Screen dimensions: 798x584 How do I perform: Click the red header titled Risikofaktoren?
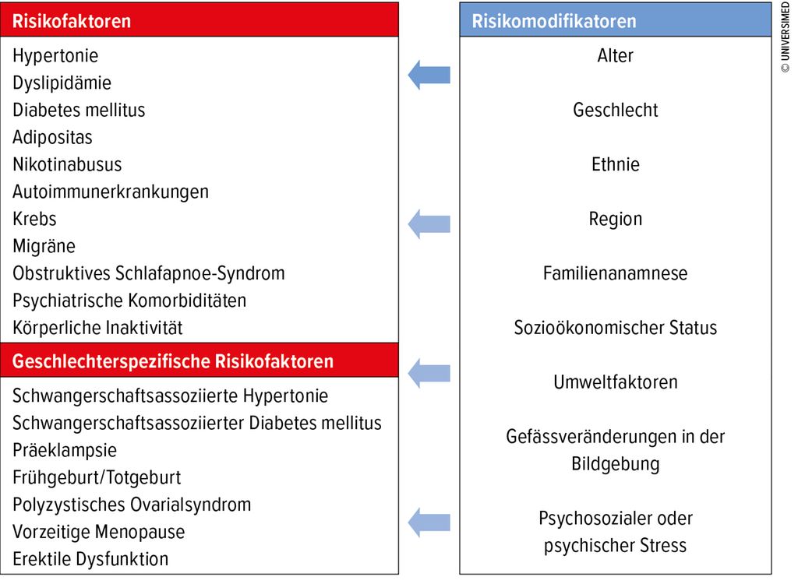tap(199, 19)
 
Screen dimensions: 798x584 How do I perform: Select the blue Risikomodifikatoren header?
tap(616, 19)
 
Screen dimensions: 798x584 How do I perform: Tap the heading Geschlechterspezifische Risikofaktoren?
tap(172, 361)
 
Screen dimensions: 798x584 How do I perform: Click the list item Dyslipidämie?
tap(62, 83)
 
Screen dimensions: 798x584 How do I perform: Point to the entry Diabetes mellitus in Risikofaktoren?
tap(79, 110)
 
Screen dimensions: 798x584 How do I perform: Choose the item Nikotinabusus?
tap(67, 164)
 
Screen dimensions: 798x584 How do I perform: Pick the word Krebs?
tap(34, 219)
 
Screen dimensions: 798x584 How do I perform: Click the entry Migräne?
tap(44, 246)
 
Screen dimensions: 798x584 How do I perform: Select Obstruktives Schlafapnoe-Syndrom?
tap(149, 273)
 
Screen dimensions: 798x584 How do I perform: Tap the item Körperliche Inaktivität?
tap(97, 328)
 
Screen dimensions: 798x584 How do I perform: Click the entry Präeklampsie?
tap(65, 450)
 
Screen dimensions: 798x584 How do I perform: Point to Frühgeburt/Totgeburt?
tap(97, 477)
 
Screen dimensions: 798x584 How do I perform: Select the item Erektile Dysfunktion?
tap(90, 559)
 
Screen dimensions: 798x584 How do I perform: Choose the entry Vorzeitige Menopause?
tap(99, 532)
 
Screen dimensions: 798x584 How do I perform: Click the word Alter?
tap(616, 55)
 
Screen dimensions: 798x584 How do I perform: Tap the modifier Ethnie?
tap(616, 164)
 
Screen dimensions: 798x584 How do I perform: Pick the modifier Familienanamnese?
tap(616, 273)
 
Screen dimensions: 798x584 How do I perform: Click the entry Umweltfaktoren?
tap(616, 382)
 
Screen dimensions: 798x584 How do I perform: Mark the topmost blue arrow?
tap(429, 75)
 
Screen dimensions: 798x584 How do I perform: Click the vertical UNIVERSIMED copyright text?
tap(786, 37)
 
